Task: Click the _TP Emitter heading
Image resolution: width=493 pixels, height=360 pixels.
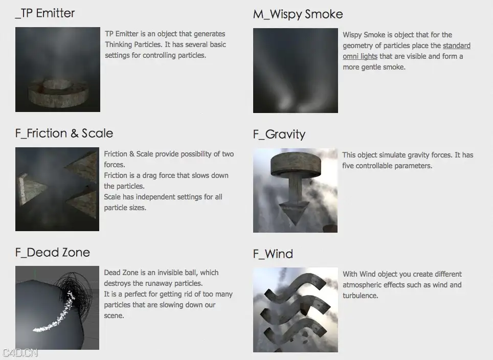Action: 45,13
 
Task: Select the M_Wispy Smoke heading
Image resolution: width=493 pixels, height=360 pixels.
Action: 298,14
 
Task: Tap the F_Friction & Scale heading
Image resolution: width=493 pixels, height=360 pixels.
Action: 64,133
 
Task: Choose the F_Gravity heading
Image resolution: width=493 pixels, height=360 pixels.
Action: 279,134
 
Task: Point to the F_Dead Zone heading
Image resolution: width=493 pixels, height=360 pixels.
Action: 53,253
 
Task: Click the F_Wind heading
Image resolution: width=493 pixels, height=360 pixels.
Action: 273,254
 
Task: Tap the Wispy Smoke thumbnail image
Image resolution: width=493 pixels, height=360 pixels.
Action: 296,71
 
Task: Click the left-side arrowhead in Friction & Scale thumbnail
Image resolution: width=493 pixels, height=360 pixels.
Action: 31,189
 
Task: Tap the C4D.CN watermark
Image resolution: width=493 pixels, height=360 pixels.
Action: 19,353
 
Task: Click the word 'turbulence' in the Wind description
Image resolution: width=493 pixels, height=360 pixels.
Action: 361,296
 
